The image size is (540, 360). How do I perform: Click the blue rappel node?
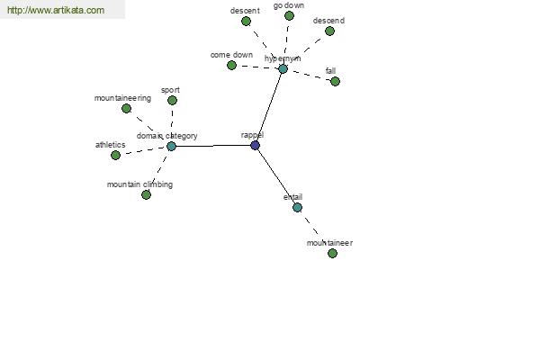[x=255, y=146]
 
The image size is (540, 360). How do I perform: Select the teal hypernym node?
[x=283, y=69]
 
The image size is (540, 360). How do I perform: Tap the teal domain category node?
[x=171, y=147]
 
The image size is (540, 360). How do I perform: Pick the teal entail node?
[x=297, y=207]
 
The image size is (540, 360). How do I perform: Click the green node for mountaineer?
[x=332, y=254]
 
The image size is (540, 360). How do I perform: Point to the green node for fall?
[x=335, y=82]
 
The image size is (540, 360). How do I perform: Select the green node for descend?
[x=329, y=31]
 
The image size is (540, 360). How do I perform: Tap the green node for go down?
[x=289, y=16]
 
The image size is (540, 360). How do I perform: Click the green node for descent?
[x=246, y=22]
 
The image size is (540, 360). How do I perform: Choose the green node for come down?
[x=232, y=65]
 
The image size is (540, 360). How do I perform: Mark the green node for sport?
[x=172, y=100]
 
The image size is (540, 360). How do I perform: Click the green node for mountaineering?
[x=126, y=109]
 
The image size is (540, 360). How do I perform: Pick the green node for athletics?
[x=116, y=155]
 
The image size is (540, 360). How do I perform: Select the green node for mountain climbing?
[x=146, y=195]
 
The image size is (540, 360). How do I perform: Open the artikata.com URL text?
[x=56, y=10]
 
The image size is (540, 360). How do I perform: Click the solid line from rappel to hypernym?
[x=268, y=107]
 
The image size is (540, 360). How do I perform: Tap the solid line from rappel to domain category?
[x=212, y=146]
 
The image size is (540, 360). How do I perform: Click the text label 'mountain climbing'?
[x=139, y=184]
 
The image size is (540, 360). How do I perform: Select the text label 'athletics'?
[x=110, y=145]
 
